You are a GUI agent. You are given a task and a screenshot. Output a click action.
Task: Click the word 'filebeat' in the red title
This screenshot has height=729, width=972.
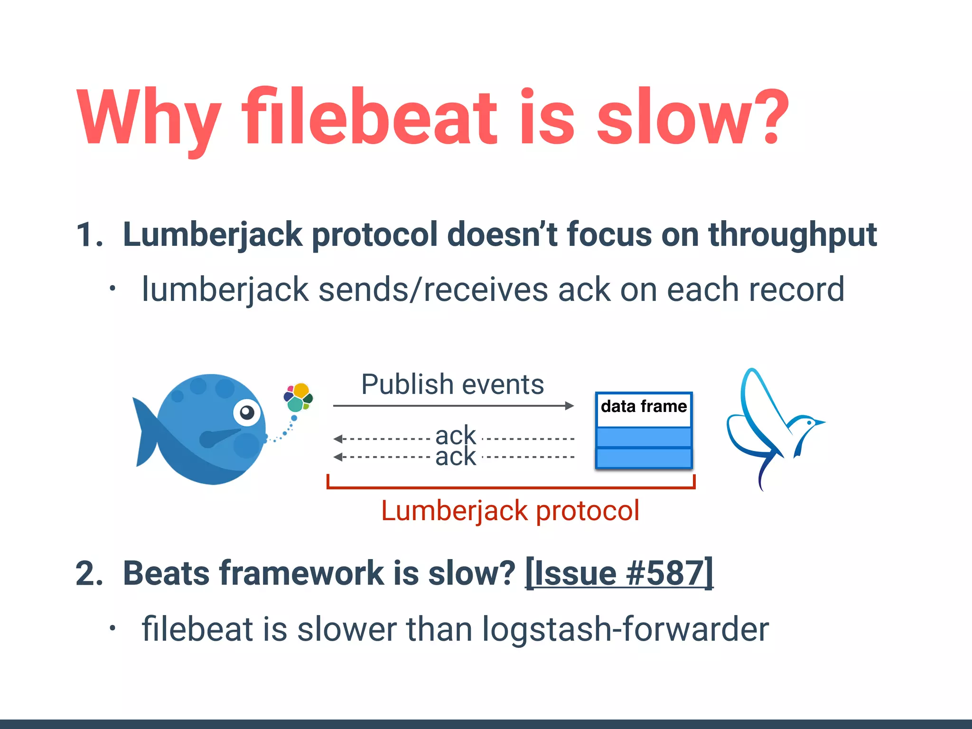pos(370,117)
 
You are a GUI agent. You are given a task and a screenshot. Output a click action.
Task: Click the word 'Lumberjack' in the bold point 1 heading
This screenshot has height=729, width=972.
pos(212,235)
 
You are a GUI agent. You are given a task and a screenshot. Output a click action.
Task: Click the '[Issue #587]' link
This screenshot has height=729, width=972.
pos(619,573)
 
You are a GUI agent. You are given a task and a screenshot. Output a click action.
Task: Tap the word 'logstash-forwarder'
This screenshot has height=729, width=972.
pos(625,629)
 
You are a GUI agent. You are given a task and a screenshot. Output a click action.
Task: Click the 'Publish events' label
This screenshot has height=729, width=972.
pos(452,384)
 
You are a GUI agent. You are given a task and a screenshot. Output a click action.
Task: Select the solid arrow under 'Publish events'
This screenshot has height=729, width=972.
pos(453,406)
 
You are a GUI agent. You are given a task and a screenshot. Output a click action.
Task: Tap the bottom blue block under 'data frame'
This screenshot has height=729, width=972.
pos(644,458)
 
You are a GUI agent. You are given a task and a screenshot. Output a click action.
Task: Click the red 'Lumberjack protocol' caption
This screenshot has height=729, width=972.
pos(510,511)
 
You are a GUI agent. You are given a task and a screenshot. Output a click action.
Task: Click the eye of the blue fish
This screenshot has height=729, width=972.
pos(247,412)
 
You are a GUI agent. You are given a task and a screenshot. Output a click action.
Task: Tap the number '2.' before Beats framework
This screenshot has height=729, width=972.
pos(89,574)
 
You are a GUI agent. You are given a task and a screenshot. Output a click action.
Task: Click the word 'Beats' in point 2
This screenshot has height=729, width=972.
pos(166,574)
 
